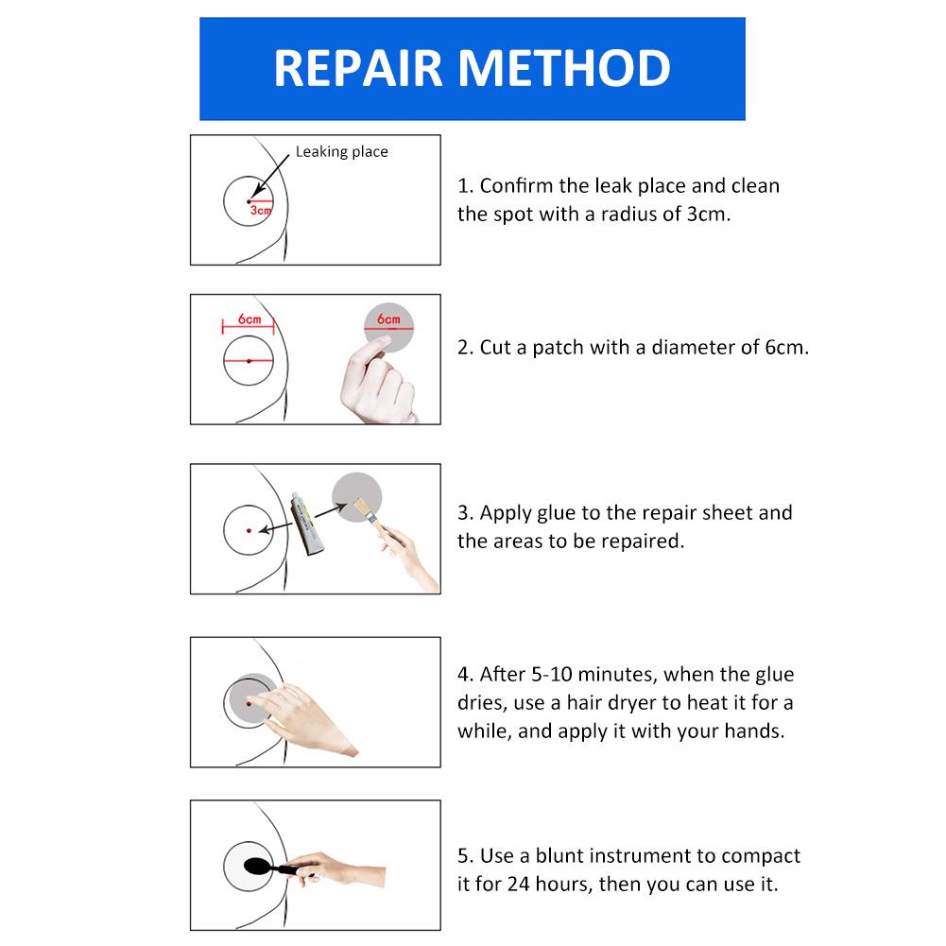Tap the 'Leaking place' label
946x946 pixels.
(x=341, y=151)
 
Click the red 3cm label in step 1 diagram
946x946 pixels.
(x=260, y=211)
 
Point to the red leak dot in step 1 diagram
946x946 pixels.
(x=249, y=201)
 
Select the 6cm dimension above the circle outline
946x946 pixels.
(x=249, y=319)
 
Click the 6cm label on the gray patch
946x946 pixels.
(x=388, y=319)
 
